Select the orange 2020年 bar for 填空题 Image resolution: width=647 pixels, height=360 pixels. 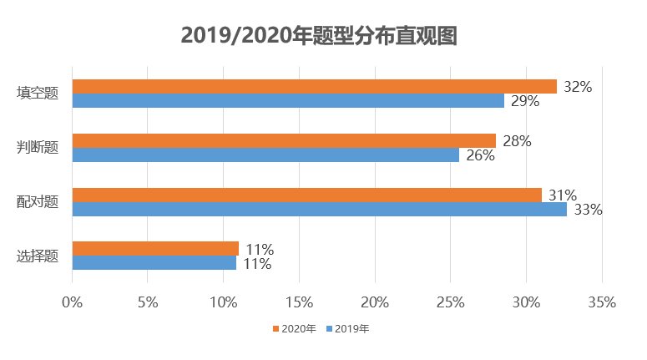point(314,86)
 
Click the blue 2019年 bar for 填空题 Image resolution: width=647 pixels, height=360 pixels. point(288,101)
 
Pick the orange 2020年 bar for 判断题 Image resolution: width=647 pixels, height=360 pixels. point(284,140)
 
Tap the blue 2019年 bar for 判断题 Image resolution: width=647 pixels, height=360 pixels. point(265,155)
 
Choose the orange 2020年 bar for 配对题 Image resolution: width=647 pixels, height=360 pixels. point(306,195)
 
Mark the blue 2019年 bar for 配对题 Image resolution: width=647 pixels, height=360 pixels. point(319,210)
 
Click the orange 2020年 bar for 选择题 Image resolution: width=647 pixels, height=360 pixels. point(155,249)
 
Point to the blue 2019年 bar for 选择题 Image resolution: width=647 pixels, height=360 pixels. point(154,263)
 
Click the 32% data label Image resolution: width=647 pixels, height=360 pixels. point(578,86)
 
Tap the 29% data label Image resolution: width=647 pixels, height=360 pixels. point(525,101)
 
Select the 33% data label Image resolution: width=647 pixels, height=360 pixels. point(588,210)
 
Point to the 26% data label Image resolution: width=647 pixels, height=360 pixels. point(480,155)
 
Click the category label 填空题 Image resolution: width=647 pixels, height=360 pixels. point(38,94)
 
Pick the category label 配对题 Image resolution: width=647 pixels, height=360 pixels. point(38,202)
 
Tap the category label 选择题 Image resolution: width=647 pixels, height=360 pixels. point(38,256)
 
